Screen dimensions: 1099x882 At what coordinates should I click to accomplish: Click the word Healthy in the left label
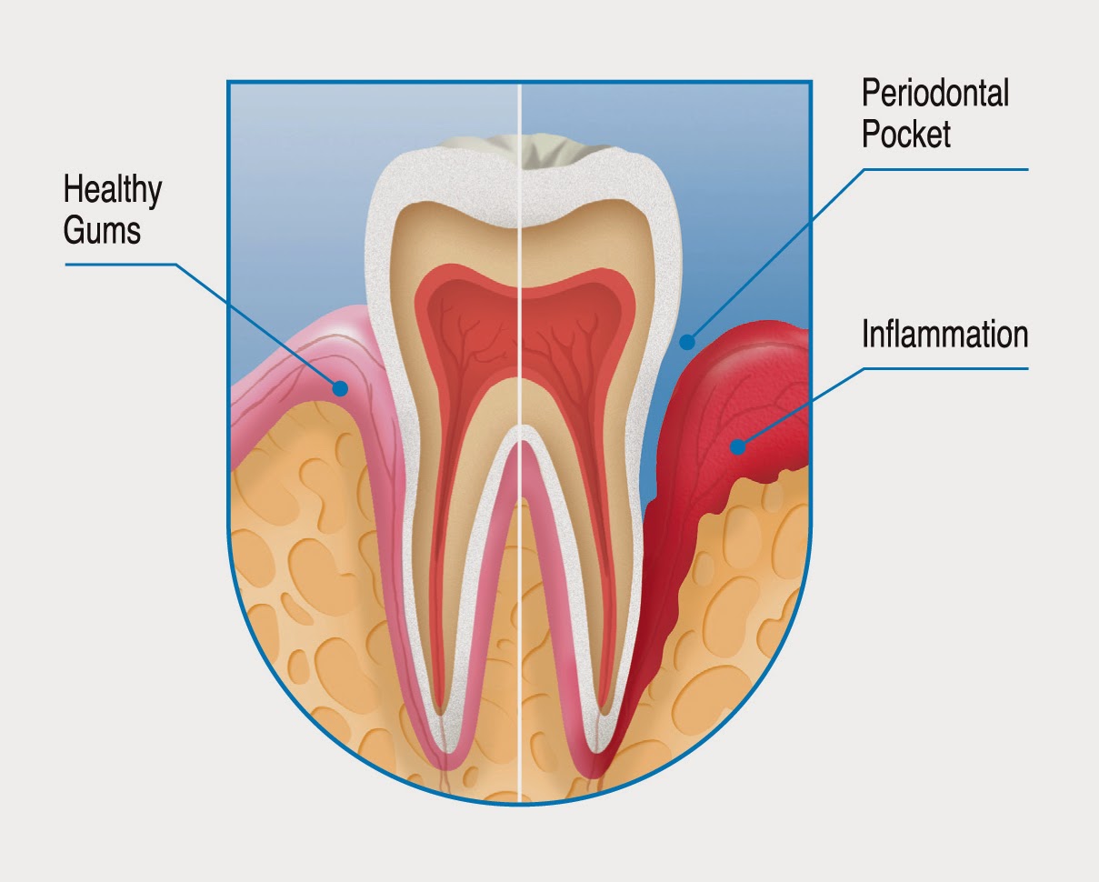pyautogui.click(x=113, y=192)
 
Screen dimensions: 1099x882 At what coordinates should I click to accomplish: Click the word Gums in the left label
pyautogui.click(x=102, y=229)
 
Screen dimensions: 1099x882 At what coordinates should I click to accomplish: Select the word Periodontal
pyautogui.click(x=935, y=94)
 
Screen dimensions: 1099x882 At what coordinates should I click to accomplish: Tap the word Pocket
pyautogui.click(x=906, y=134)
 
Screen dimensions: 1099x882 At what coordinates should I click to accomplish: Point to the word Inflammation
pyautogui.click(x=944, y=335)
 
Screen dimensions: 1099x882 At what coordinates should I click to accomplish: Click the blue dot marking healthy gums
pyautogui.click(x=340, y=388)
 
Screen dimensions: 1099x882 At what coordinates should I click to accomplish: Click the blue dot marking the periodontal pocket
pyautogui.click(x=687, y=343)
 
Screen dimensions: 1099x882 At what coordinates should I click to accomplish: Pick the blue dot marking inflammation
pyautogui.click(x=737, y=446)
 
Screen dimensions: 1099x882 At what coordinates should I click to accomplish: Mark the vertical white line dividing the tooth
pyautogui.click(x=519, y=546)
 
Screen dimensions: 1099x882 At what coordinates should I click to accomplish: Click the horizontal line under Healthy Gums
pyautogui.click(x=118, y=265)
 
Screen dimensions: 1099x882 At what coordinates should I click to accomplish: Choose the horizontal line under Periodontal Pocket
pyautogui.click(x=945, y=169)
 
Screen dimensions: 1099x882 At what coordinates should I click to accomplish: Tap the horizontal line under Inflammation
pyautogui.click(x=945, y=368)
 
